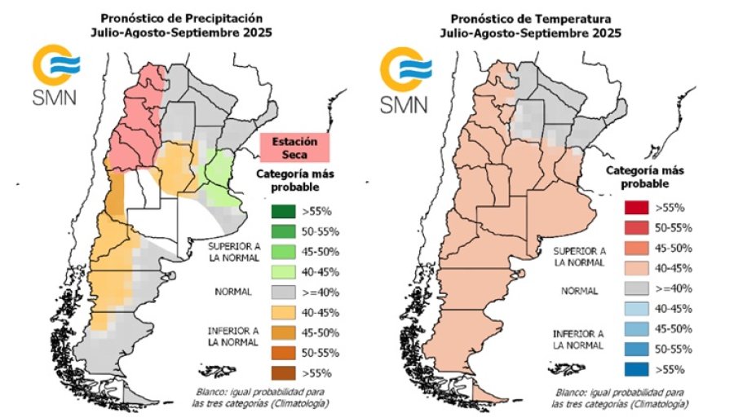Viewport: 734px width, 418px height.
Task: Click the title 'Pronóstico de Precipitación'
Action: pyautogui.click(x=181, y=17)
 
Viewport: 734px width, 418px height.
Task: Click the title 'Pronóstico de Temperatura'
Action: pyautogui.click(x=530, y=17)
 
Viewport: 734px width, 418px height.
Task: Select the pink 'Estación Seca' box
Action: pyautogui.click(x=294, y=147)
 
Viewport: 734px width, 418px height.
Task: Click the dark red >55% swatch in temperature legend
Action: pyautogui.click(x=634, y=208)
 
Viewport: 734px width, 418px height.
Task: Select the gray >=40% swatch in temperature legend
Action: pyautogui.click(x=634, y=288)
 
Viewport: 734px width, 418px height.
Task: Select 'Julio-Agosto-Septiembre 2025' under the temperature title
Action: pyautogui.click(x=530, y=33)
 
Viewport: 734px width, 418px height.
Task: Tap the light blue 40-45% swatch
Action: pyautogui.click(x=634, y=308)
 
